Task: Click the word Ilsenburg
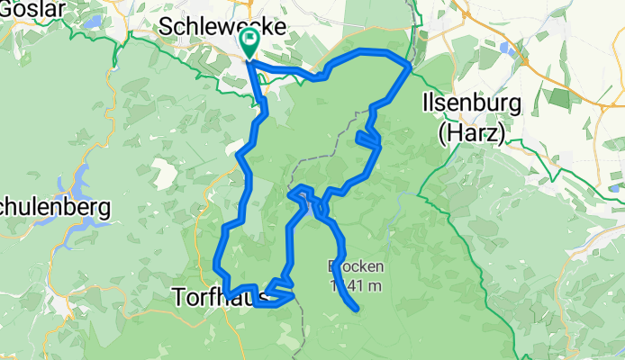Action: tap(471, 103)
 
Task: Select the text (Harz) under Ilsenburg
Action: tap(471, 133)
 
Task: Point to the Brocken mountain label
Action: tap(358, 266)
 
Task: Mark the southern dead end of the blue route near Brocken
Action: tap(358, 310)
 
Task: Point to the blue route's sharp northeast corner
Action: tap(410, 66)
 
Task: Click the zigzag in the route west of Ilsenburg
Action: tap(369, 139)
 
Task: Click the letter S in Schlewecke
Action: tap(165, 26)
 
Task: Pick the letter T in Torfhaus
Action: tap(177, 295)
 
